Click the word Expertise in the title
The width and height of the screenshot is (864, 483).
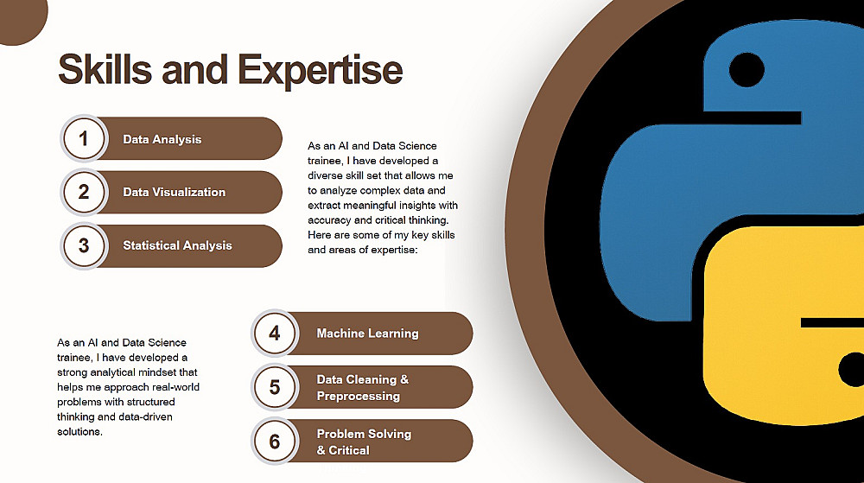tap(321, 70)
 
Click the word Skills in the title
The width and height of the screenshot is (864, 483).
tap(105, 69)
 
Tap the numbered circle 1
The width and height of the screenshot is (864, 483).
tap(84, 138)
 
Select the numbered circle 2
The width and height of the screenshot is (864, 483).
tap(84, 192)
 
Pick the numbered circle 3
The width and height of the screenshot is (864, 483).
tap(84, 245)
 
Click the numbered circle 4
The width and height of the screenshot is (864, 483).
tap(275, 334)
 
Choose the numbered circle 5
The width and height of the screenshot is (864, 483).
tap(275, 387)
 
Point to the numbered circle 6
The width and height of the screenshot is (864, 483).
tap(275, 442)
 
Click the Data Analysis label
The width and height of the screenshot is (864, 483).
tap(162, 139)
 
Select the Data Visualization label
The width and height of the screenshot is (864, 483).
tap(175, 192)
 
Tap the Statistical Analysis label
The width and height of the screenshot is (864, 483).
tap(177, 245)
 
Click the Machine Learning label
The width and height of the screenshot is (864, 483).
tap(367, 334)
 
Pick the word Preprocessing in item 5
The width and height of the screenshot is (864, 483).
tap(359, 396)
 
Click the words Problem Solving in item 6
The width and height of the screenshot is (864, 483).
tap(364, 434)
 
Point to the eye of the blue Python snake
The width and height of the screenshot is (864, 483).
tap(746, 70)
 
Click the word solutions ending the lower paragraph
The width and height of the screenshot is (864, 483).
tap(79, 432)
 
